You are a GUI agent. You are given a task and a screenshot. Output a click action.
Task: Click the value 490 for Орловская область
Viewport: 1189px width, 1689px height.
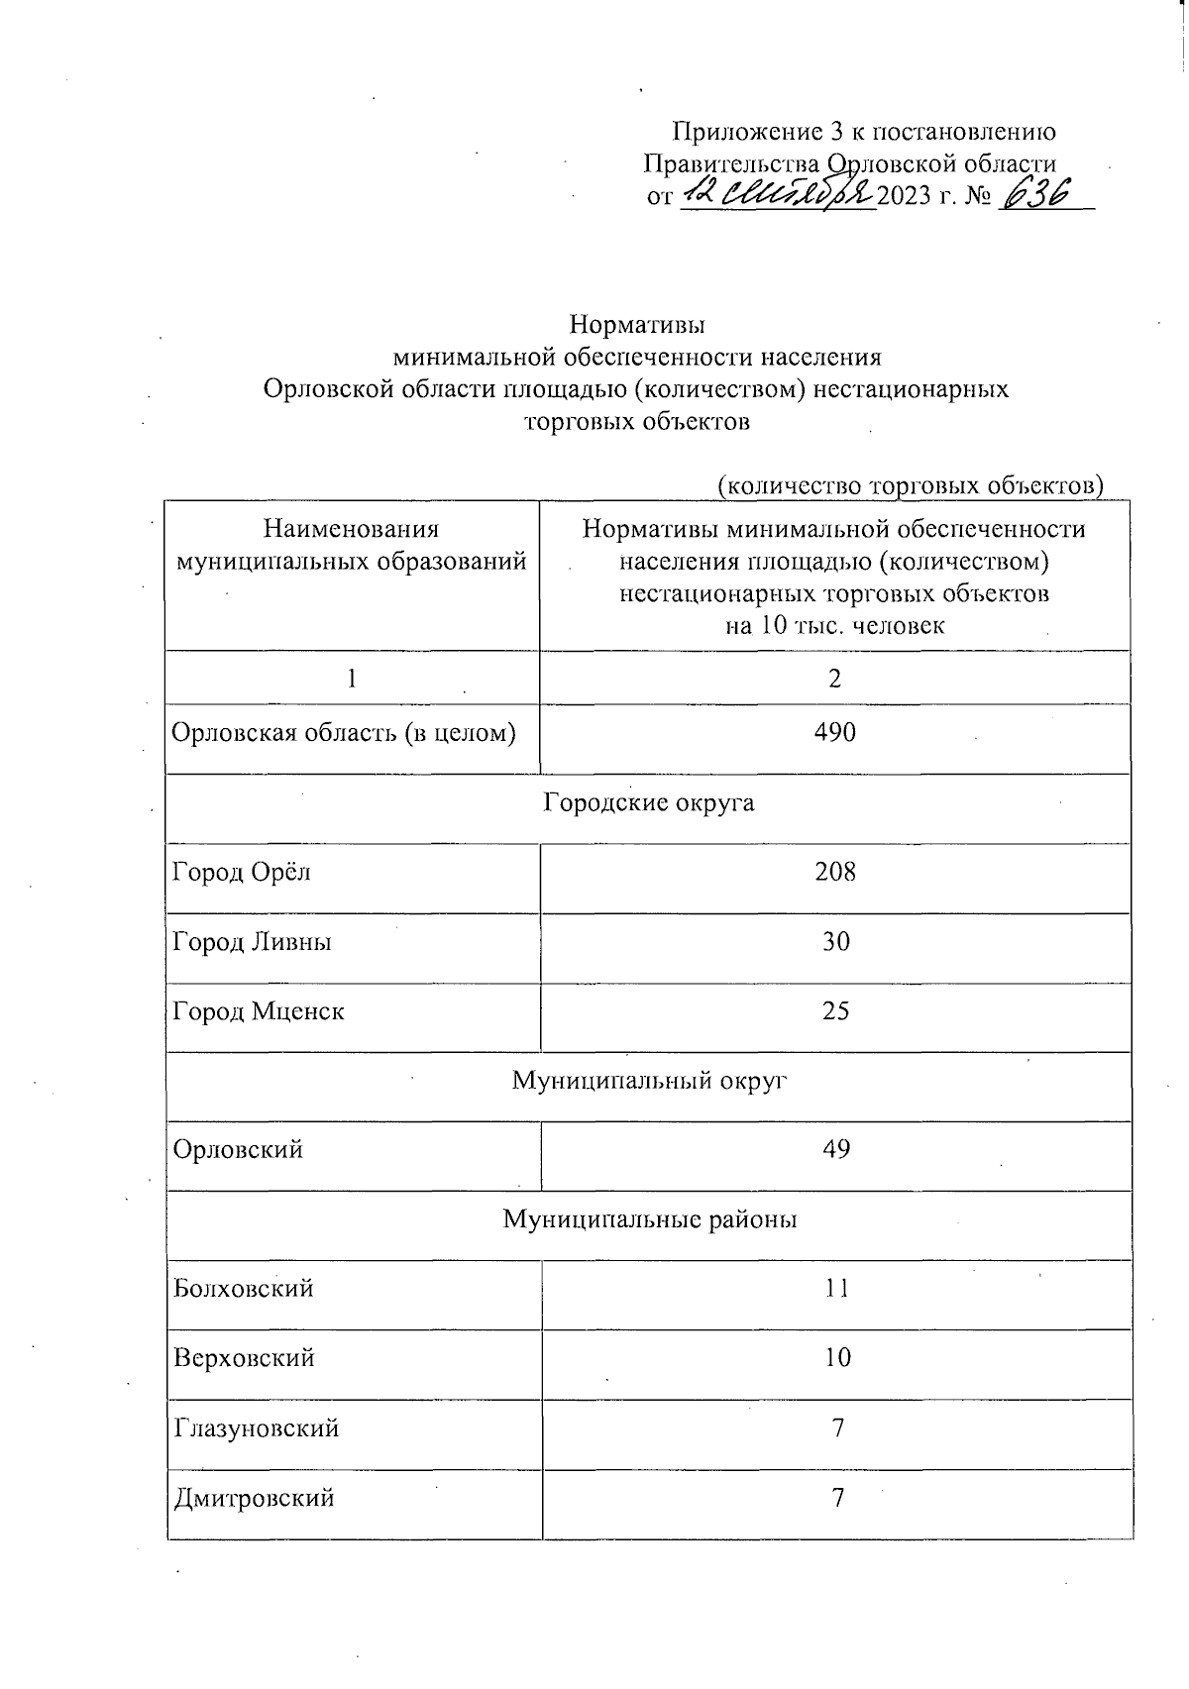835,733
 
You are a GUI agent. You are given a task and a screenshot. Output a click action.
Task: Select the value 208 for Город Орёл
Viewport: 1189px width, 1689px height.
835,872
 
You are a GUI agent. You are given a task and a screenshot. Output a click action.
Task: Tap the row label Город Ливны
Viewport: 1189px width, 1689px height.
252,941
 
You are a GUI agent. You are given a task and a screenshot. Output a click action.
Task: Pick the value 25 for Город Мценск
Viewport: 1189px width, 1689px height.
836,1011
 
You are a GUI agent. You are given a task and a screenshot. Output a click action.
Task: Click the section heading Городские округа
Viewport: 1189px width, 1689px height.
649,802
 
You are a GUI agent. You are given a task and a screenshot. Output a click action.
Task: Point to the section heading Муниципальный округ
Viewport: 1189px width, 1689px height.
649,1081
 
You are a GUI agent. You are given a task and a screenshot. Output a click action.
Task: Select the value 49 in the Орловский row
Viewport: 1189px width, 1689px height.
836,1150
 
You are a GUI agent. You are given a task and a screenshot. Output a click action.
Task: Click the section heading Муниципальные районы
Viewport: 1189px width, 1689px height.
649,1219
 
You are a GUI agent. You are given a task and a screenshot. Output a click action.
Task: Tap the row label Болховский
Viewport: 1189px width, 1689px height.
244,1289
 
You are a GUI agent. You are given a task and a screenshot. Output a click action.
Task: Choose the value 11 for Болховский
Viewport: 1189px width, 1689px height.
837,1289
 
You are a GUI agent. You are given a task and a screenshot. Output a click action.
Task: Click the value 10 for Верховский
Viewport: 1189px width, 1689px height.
837,1358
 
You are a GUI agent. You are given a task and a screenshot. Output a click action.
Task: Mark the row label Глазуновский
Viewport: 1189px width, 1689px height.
256,1428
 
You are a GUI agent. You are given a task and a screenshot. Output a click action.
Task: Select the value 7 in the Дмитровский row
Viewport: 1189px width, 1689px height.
838,1498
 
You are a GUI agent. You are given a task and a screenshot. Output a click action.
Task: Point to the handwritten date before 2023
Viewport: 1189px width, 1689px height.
778,193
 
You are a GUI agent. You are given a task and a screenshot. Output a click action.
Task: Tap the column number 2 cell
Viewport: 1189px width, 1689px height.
835,679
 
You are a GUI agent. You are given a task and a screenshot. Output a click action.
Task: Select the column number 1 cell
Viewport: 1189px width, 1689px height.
352,679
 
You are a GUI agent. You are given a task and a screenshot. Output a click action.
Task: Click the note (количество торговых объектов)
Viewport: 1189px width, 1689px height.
910,485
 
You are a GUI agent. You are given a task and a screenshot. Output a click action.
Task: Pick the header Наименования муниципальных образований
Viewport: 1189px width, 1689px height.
352,546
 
